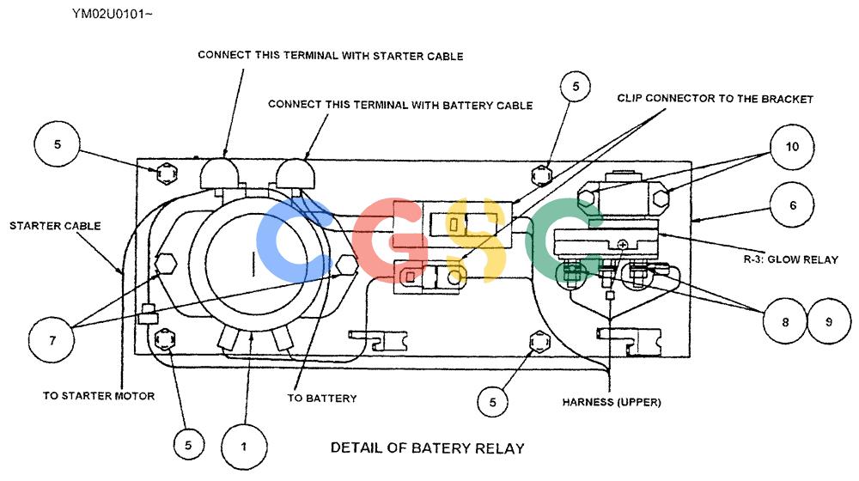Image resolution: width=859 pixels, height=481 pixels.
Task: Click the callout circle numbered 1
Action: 244,446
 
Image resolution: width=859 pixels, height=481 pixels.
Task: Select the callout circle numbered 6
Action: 792,205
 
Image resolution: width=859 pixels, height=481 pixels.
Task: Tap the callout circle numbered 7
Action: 52,339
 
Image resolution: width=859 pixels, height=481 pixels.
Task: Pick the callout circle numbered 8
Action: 784,321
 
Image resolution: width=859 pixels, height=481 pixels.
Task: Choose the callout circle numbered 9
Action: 829,321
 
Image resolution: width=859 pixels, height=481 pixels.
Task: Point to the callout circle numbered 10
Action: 792,147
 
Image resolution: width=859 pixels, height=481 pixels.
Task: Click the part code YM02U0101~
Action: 112,14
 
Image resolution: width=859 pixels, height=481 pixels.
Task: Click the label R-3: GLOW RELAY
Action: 790,259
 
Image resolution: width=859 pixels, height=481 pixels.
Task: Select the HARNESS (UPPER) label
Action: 612,402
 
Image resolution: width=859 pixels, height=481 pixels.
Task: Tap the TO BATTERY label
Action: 322,399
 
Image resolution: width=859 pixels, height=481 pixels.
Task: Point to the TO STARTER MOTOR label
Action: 99,396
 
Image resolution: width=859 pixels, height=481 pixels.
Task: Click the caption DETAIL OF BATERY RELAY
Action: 427,448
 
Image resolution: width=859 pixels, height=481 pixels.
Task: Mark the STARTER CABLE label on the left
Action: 55,226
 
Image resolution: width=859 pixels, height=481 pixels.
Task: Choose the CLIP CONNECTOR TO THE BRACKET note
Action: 715,99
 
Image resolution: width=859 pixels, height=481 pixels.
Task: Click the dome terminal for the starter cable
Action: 219,174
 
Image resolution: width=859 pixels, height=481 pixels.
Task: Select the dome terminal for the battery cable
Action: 295,174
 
